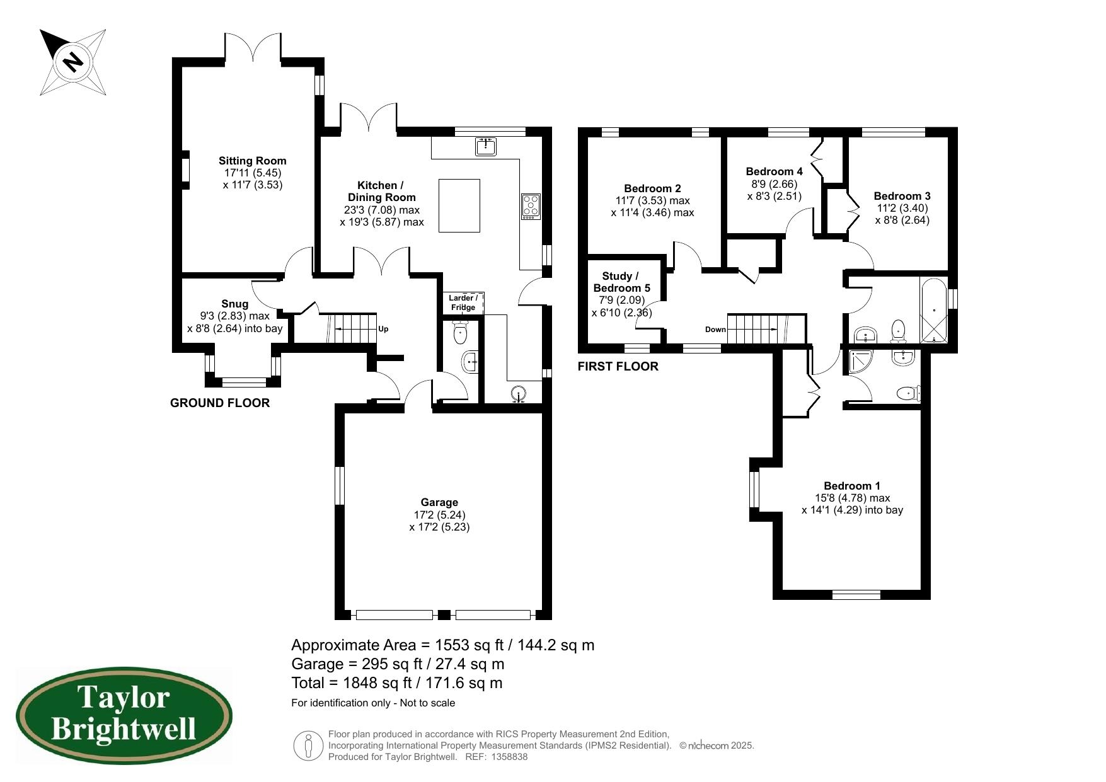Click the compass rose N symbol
click(x=73, y=62)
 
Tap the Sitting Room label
click(x=253, y=161)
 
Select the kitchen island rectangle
click(x=459, y=206)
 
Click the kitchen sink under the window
click(x=486, y=146)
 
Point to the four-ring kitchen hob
click(x=531, y=207)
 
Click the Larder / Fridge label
click(x=463, y=302)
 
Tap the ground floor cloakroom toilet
click(x=461, y=333)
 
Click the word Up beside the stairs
click(x=383, y=329)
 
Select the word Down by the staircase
click(x=715, y=330)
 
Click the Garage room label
click(x=439, y=502)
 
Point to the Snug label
click(x=234, y=304)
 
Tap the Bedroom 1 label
click(x=852, y=486)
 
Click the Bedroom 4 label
click(x=774, y=171)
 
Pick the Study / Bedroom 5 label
click(x=621, y=282)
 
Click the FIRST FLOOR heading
click(x=618, y=367)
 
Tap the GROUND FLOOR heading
click(x=220, y=403)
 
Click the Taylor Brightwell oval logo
click(x=124, y=716)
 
